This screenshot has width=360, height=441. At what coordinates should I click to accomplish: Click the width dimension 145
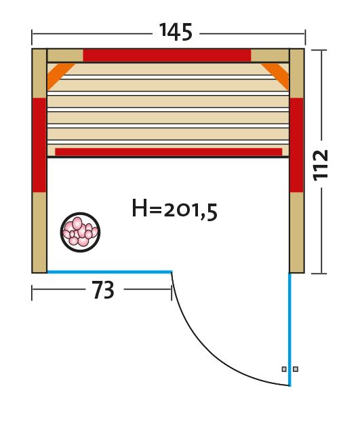[176, 32]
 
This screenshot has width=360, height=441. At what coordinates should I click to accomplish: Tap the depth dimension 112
[321, 165]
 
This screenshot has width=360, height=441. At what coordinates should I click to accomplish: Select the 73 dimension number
[103, 290]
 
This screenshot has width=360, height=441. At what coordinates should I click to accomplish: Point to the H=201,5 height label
[174, 209]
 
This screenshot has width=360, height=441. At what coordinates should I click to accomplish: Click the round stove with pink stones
[81, 232]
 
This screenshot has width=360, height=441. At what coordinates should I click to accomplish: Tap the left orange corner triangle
[58, 75]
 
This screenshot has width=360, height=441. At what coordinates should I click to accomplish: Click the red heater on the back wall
[167, 56]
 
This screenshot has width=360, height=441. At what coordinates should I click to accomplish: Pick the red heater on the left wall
[39, 145]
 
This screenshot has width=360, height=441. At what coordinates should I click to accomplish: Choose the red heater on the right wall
[296, 145]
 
